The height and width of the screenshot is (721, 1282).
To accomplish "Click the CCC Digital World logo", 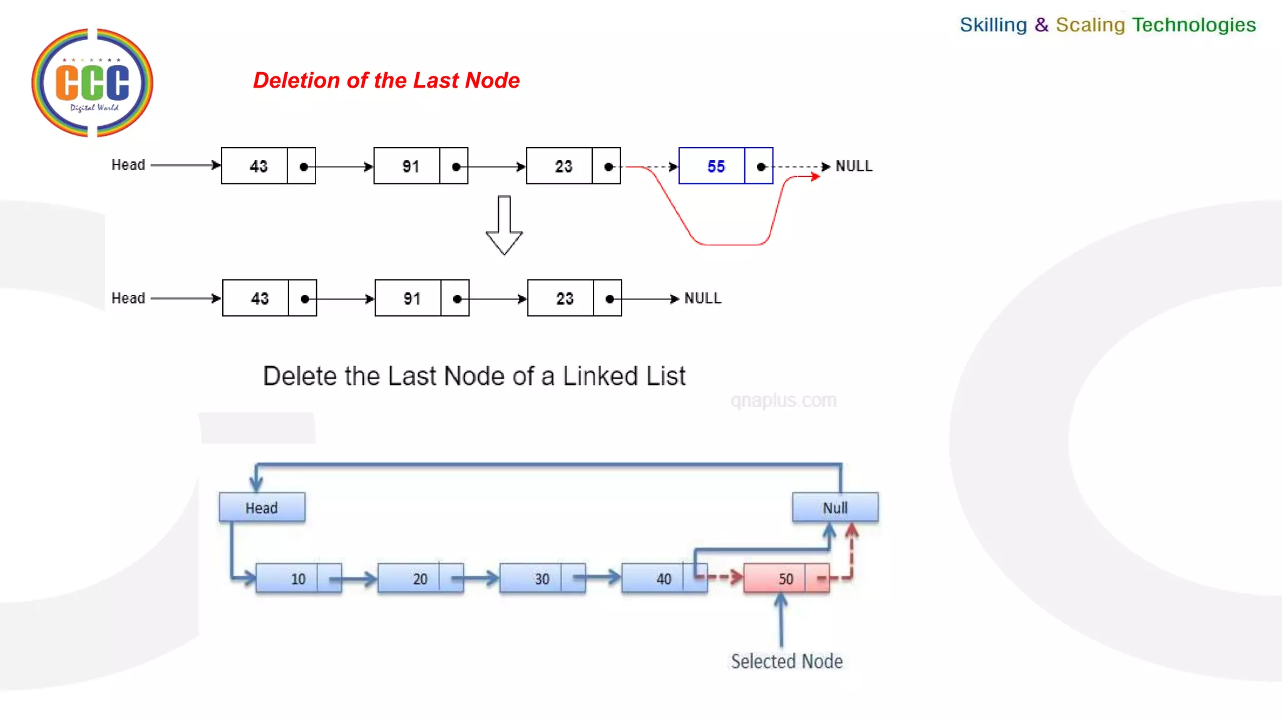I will (x=92, y=83).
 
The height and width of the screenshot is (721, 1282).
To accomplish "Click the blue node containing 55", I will (x=725, y=166).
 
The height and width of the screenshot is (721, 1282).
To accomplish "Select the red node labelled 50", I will (x=786, y=578).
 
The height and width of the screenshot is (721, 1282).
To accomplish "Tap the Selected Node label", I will (x=786, y=661).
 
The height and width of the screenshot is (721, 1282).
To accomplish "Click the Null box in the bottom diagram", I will (x=834, y=508).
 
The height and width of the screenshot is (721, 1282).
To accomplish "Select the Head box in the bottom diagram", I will (x=262, y=508).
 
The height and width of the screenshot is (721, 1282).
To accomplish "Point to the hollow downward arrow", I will (x=504, y=225).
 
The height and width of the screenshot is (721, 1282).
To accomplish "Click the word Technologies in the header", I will (x=1194, y=24).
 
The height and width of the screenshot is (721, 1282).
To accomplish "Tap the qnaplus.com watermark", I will (x=783, y=400).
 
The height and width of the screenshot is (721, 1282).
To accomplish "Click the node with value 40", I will (x=664, y=578).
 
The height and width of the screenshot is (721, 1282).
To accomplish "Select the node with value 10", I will (x=298, y=578).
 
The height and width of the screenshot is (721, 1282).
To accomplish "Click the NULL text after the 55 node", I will (x=854, y=166).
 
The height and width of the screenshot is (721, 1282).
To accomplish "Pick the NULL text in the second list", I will (x=702, y=298).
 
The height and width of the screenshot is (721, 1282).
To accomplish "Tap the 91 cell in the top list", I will (x=410, y=166).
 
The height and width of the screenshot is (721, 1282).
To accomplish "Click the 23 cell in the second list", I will (x=564, y=298).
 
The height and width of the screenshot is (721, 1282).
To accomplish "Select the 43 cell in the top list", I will (x=258, y=166).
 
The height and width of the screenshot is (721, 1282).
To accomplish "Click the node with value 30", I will (x=541, y=578).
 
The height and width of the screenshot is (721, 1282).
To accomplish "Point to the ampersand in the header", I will (x=1041, y=24).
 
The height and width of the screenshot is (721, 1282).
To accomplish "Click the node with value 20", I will (x=419, y=578).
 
